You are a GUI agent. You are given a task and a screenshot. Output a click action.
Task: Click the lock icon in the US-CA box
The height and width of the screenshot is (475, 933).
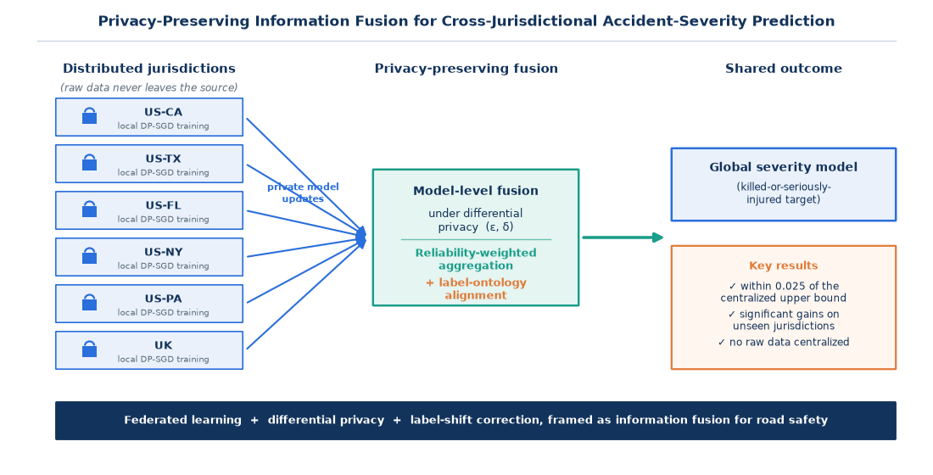(89, 116)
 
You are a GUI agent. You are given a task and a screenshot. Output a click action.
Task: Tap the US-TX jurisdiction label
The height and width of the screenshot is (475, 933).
(163, 159)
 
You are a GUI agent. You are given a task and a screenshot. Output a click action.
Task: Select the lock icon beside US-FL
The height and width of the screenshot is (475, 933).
(89, 210)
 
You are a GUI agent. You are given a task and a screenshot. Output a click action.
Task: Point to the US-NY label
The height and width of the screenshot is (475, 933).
(163, 253)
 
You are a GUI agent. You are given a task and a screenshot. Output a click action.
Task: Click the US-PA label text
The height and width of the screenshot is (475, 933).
(163, 299)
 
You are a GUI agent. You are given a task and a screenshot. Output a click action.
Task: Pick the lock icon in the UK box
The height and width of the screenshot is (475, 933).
(89, 349)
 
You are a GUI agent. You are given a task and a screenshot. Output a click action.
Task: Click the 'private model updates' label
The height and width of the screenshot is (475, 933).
(303, 193)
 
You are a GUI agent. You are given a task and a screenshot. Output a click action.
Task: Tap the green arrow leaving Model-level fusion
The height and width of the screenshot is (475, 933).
(623, 237)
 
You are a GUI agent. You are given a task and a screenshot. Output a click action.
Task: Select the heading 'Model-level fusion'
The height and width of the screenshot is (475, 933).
(476, 191)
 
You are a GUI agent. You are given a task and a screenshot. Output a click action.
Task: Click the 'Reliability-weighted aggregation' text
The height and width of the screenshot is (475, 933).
(476, 260)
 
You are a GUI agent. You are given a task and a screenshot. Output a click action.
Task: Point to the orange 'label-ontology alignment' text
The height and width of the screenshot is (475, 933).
(476, 288)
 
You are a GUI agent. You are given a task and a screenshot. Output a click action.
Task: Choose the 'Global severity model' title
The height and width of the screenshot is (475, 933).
(783, 167)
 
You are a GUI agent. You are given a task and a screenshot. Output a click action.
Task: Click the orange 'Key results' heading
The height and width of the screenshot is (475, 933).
(783, 265)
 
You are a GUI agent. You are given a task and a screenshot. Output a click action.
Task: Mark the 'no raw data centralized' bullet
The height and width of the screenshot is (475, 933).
(783, 343)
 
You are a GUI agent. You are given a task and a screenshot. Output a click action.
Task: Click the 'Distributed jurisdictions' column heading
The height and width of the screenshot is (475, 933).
(148, 69)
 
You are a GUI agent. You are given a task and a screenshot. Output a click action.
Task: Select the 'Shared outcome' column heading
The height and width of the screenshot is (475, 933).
(783, 69)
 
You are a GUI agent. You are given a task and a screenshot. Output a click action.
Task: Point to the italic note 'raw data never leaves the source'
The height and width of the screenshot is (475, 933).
(148, 87)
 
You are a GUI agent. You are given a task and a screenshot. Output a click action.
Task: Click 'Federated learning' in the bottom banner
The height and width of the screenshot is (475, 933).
(182, 420)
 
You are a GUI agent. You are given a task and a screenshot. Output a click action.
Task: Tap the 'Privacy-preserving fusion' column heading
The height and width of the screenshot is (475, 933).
(466, 69)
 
